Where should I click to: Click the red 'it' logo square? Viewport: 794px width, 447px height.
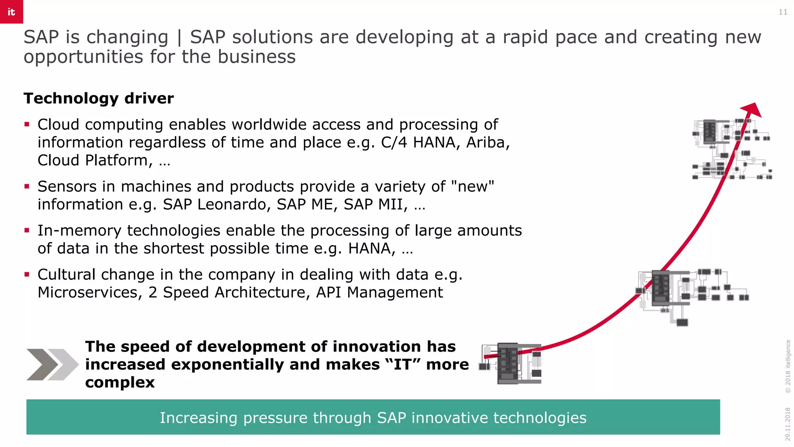(11, 12)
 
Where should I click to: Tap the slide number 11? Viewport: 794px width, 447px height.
(783, 12)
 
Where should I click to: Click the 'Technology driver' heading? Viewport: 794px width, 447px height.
(98, 98)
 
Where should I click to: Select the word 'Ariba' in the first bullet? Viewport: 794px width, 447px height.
(487, 142)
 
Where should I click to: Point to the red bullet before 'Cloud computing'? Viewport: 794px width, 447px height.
(27, 125)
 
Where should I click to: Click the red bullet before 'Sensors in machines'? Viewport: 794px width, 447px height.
(27, 187)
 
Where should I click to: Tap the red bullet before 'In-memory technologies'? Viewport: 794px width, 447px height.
(27, 230)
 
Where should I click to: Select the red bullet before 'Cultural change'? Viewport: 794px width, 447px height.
(27, 275)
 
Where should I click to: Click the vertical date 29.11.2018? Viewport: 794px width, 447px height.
(787, 424)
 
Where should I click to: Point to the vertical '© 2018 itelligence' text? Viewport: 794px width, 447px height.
(787, 366)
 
